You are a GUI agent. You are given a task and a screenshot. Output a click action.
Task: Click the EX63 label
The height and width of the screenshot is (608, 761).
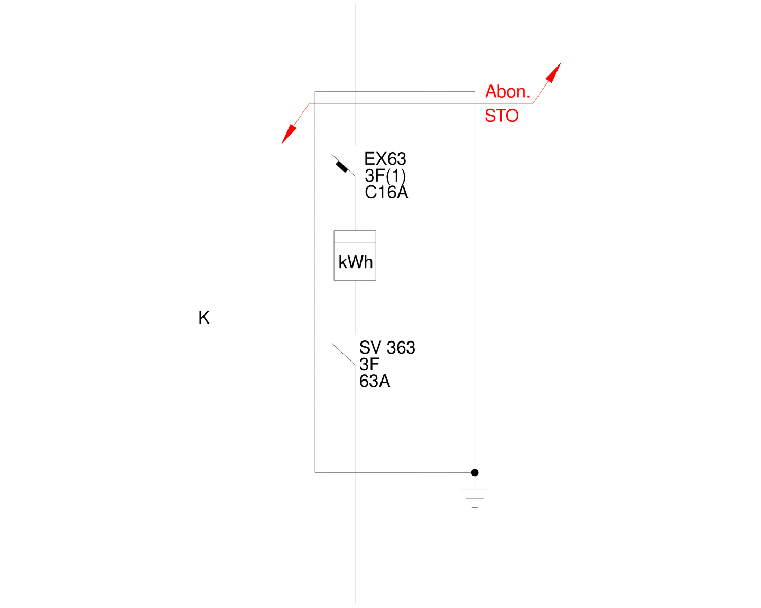point(385,159)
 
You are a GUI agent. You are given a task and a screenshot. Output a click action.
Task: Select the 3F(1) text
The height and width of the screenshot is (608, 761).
point(385,176)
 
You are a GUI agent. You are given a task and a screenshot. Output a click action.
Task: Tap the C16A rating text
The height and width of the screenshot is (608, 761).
point(386,192)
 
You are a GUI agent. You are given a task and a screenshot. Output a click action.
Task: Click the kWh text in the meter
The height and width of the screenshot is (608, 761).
point(355,262)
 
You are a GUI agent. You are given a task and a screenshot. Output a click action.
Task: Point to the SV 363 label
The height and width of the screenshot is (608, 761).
point(387,348)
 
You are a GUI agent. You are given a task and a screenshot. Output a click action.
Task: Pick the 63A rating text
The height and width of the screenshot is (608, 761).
point(375,381)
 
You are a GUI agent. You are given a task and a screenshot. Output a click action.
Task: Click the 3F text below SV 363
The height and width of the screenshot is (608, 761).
point(369,364)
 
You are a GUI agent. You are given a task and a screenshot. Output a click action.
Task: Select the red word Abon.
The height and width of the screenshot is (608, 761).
point(507,91)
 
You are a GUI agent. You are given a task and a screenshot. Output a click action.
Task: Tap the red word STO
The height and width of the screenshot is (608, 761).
point(502,116)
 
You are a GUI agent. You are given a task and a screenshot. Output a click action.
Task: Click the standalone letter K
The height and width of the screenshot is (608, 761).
point(204,317)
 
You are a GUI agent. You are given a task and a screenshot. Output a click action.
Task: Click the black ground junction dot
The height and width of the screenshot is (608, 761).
point(475,473)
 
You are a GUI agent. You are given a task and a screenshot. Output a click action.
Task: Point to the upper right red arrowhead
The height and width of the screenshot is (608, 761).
point(554,73)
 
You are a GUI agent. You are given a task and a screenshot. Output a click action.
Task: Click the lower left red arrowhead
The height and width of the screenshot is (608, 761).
point(289,134)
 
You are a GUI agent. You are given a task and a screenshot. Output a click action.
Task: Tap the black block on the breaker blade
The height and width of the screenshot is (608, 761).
point(342,167)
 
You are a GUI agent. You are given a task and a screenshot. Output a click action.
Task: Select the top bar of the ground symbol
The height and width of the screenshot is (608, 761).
point(475,490)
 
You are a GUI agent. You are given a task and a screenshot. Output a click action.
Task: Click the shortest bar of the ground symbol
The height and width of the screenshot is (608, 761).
point(475,508)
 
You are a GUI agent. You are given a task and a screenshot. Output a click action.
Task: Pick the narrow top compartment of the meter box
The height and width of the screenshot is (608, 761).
point(355,236)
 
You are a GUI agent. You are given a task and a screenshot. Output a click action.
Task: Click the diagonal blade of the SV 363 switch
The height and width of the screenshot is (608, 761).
point(343,354)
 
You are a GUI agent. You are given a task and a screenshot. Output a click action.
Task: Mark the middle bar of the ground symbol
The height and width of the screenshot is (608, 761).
point(475,499)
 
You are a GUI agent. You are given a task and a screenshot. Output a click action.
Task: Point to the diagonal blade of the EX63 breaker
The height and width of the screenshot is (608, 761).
point(343,165)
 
